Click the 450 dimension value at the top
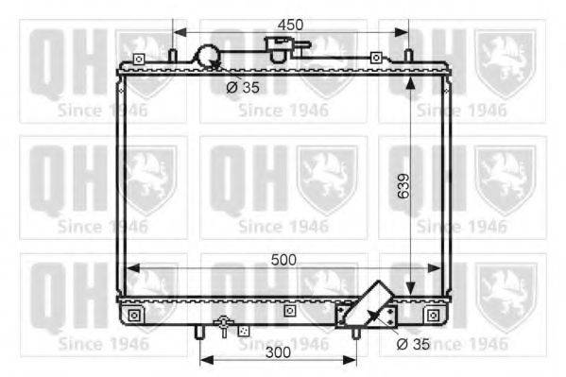pyautogui.click(x=290, y=25)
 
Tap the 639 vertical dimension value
pyautogui.click(x=403, y=186)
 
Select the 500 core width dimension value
pyautogui.click(x=283, y=260)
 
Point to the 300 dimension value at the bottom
pyautogui.click(x=278, y=352)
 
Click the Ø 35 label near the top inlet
pyautogui.click(x=243, y=87)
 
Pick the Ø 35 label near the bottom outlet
pyautogui.click(x=413, y=344)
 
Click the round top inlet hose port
pyautogui.click(x=207, y=57)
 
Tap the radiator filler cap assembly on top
pyautogui.click(x=285, y=48)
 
